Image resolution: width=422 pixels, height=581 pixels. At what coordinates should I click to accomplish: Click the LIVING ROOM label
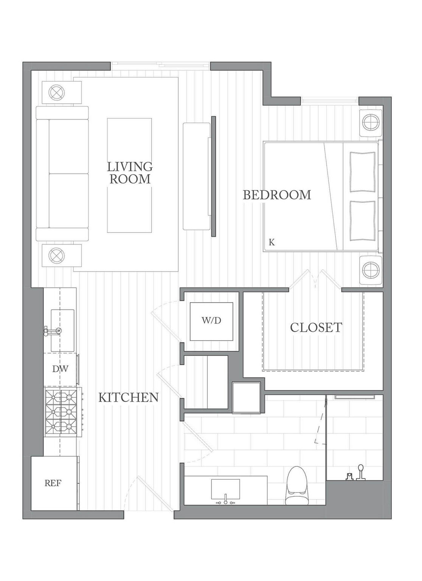(x=130, y=172)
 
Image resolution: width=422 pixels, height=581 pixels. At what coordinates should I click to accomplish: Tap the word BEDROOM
(x=276, y=195)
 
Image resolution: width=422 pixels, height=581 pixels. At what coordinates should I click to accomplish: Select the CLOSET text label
(x=316, y=327)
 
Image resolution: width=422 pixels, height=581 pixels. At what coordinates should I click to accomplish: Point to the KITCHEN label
(x=129, y=397)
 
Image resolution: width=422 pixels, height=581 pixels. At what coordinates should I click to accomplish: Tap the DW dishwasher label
(x=60, y=369)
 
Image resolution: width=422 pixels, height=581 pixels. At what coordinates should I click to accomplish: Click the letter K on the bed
(x=272, y=242)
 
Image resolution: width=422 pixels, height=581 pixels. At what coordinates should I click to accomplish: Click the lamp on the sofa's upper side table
(x=57, y=92)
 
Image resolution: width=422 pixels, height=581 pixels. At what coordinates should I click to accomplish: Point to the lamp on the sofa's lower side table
(x=57, y=255)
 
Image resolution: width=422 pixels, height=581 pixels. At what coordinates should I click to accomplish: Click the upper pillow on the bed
(x=362, y=172)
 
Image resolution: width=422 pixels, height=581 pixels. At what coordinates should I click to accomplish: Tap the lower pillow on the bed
(x=362, y=221)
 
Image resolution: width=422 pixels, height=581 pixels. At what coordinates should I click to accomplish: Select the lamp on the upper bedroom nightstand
(x=371, y=122)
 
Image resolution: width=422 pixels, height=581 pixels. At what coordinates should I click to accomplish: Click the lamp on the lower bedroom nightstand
(x=371, y=270)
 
